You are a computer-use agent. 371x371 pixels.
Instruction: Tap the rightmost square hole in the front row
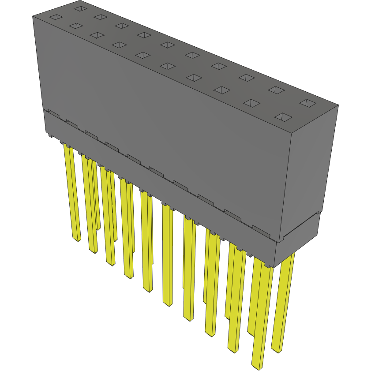284,117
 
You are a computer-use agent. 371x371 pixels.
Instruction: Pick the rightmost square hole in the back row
307,103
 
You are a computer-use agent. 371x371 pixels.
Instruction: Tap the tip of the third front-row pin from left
110,263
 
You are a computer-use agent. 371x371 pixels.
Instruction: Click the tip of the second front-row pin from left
94,251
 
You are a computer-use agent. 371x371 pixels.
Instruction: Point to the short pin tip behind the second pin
98,229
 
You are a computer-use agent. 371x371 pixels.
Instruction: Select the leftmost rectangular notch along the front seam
52,113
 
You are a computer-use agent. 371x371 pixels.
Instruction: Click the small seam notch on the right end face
317,213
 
